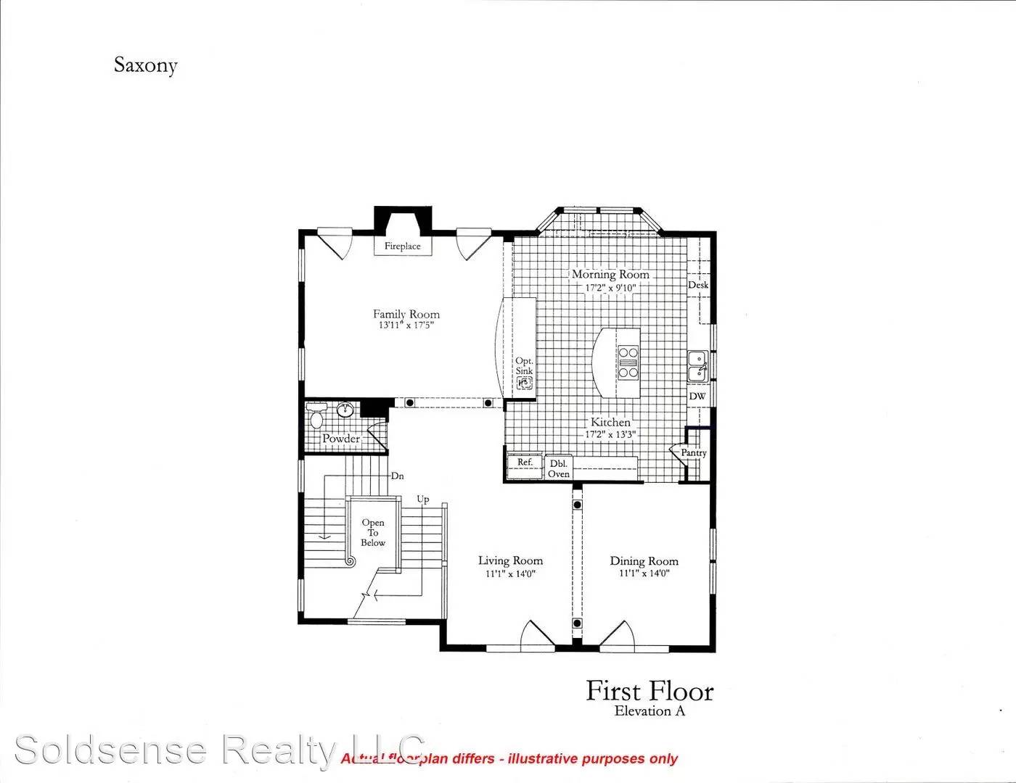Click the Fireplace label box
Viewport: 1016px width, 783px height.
402,246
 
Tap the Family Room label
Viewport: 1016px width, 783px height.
406,314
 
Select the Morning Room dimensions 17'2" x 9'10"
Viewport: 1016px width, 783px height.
610,288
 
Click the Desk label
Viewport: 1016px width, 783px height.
698,285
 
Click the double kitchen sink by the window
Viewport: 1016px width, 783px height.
697,365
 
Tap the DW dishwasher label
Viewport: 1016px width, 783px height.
697,397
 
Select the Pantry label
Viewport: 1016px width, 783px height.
693,452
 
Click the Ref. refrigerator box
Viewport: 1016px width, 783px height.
525,463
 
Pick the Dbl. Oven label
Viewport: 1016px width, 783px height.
559,468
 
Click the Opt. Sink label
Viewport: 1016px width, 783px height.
524,365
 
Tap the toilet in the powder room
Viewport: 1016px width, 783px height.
316,418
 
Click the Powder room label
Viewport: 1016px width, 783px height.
341,439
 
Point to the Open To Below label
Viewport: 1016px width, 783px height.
373,532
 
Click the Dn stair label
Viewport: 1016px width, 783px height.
397,476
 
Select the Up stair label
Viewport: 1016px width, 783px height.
422,500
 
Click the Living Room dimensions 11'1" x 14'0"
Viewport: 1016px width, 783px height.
510,573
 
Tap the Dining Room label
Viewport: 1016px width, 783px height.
644,560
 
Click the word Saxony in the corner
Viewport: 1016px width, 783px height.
145,65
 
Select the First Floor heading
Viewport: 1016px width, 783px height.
650,691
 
